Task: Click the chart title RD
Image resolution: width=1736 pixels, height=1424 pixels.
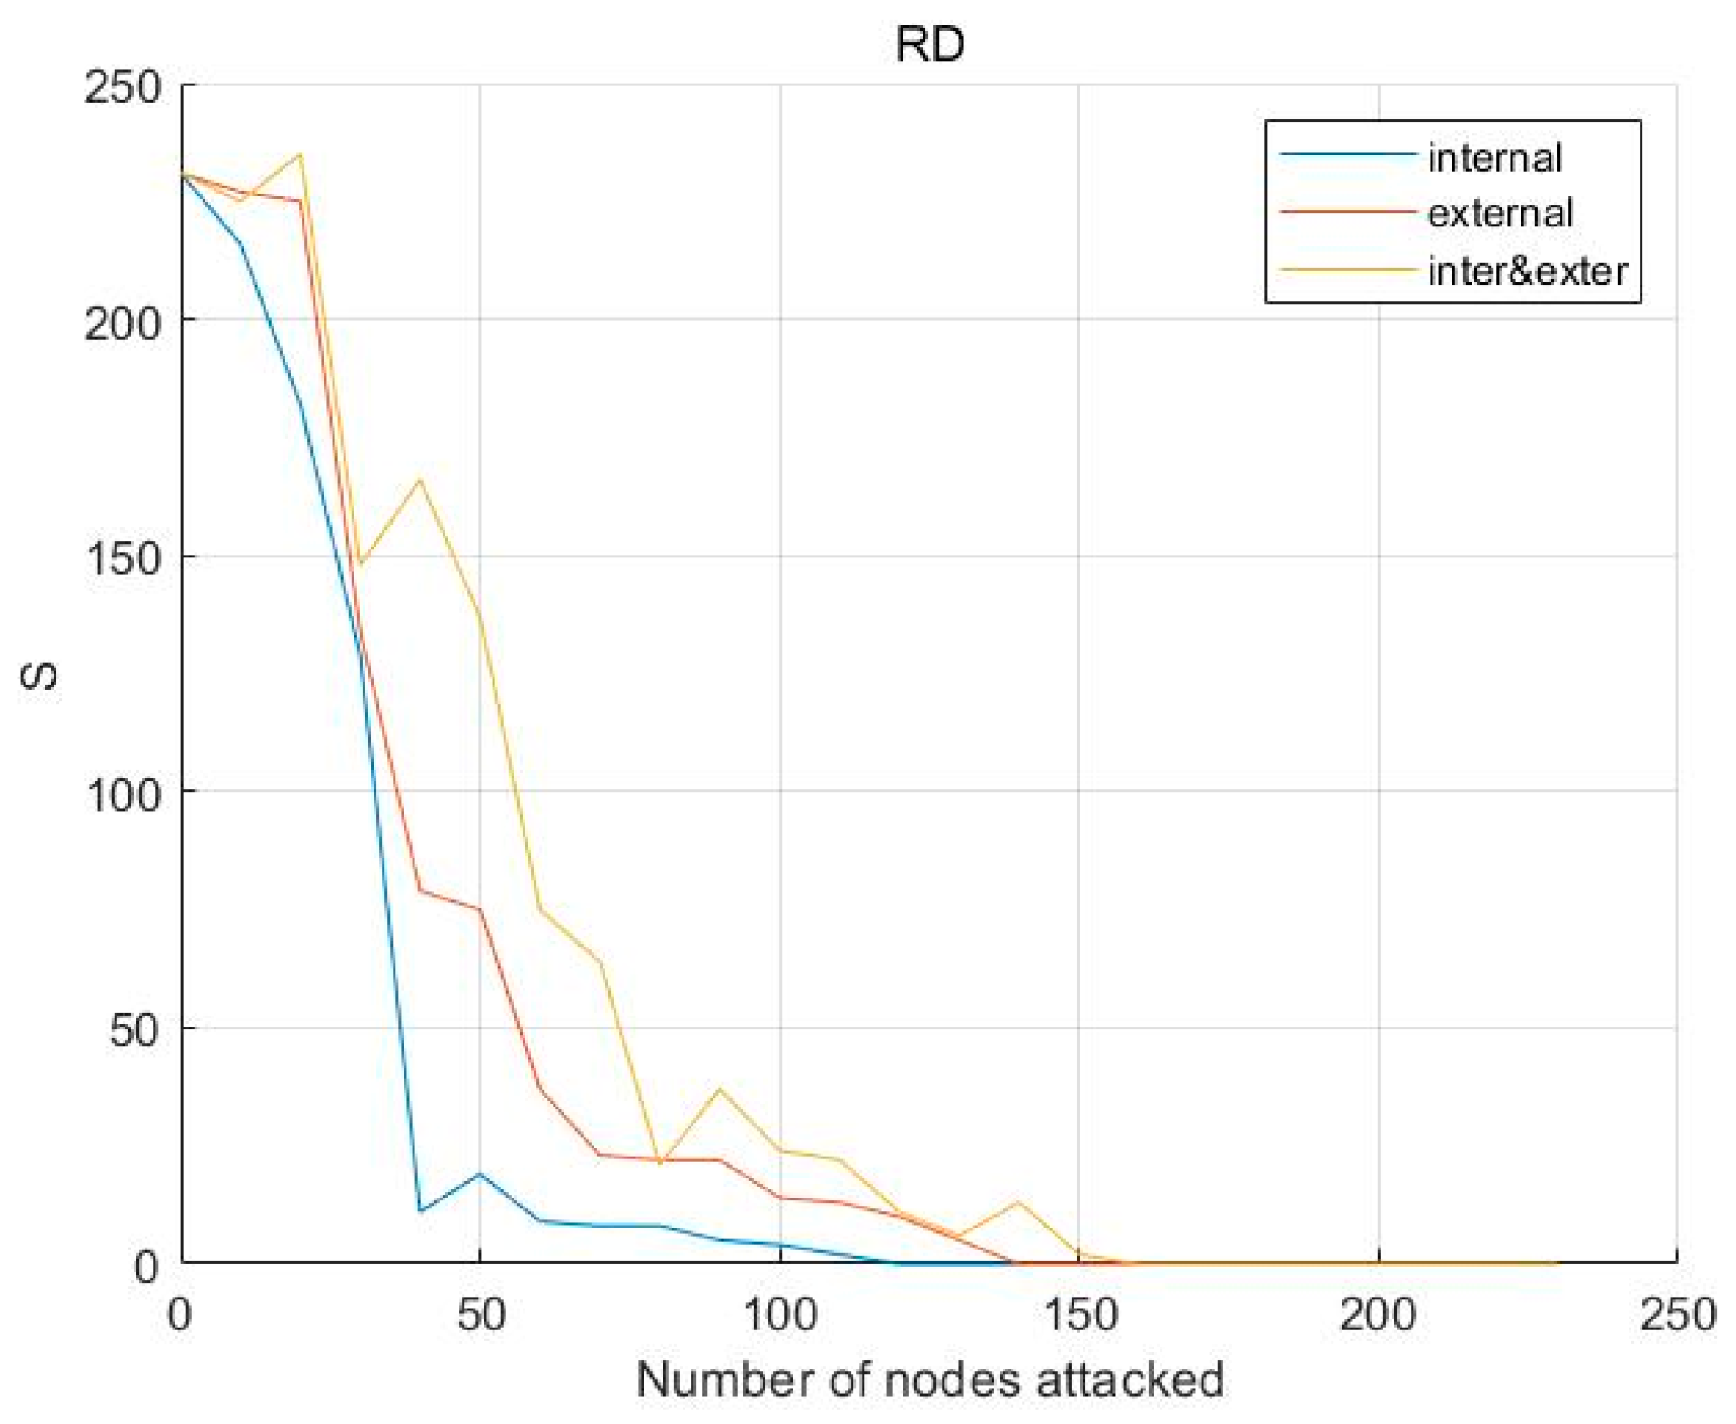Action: pos(929,45)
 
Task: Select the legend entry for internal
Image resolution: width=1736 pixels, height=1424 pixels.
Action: pos(1493,157)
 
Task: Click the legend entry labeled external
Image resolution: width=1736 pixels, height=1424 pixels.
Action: pos(1499,214)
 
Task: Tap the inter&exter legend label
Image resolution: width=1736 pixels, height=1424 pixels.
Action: pos(1527,271)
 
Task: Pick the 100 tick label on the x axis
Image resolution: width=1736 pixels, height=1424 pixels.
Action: pos(780,1317)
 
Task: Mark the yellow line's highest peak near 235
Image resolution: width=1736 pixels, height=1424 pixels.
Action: pos(301,154)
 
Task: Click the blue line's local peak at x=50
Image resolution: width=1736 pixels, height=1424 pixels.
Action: pos(480,1173)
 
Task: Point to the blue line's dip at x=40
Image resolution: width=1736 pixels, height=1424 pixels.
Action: pos(420,1210)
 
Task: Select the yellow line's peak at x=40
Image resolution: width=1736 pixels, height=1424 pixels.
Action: pos(420,479)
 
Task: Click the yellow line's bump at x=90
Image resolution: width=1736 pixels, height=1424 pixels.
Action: pos(720,1088)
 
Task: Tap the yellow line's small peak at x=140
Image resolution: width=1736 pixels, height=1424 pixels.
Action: pos(1019,1202)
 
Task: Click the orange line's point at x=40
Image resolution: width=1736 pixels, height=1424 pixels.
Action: pos(420,889)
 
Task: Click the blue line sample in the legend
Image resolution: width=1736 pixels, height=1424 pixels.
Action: pos(1347,155)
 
